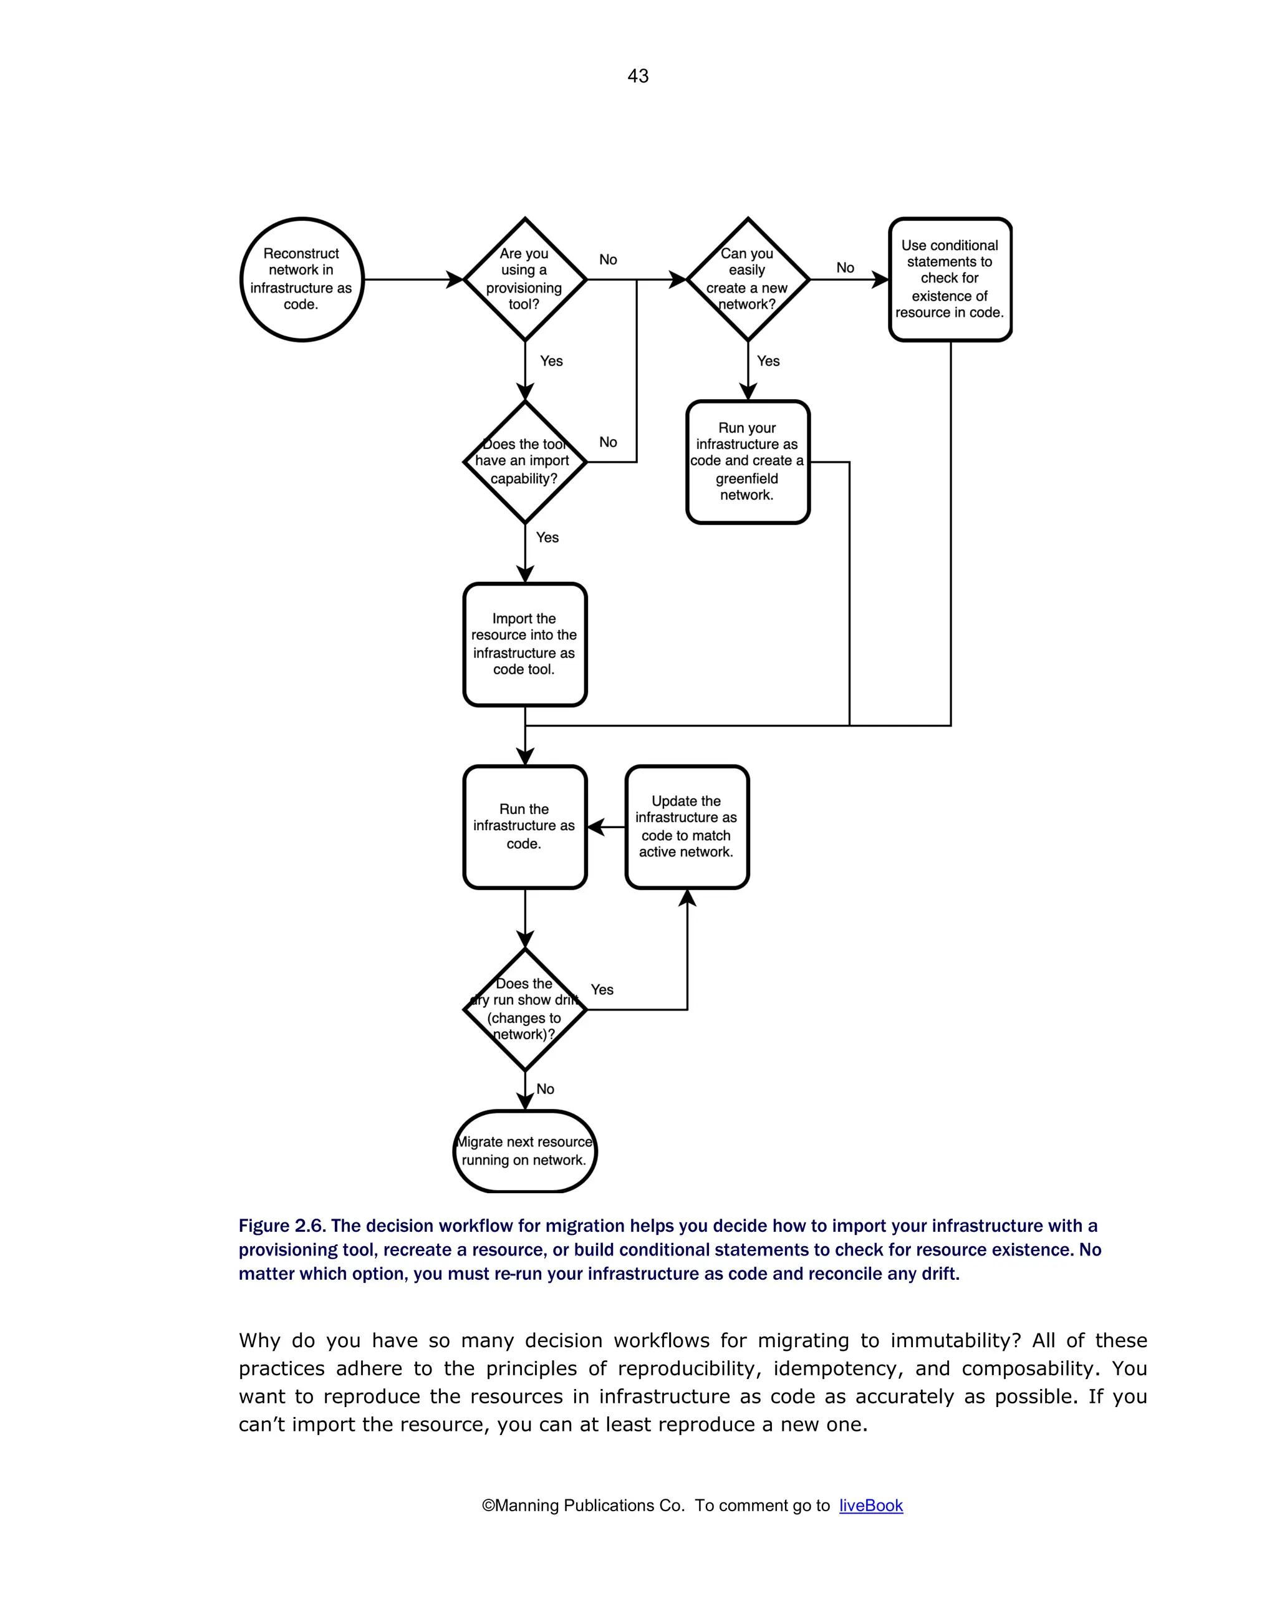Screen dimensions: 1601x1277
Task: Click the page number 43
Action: (x=638, y=75)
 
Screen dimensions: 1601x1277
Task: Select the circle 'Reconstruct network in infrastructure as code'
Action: (x=301, y=279)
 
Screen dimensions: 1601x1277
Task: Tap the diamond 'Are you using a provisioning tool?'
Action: (x=525, y=279)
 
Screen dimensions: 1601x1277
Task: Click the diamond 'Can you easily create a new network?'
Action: (x=748, y=279)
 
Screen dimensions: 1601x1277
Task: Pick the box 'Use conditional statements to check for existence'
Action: (x=950, y=279)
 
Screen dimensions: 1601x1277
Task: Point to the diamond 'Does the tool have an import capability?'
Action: (x=525, y=462)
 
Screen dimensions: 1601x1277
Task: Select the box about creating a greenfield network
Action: (x=748, y=462)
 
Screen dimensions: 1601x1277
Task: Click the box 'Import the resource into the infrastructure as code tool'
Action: (x=525, y=644)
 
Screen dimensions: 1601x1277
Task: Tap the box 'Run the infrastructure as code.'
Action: (x=525, y=826)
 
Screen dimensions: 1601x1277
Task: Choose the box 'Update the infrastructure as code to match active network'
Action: (x=687, y=826)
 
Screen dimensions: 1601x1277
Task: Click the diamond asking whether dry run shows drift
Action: (x=525, y=1009)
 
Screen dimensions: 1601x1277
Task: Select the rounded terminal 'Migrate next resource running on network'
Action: (x=525, y=1151)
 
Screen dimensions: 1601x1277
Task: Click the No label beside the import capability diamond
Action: (x=608, y=443)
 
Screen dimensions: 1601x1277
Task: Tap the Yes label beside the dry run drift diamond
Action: (x=602, y=990)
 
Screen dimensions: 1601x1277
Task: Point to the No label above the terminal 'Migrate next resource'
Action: (x=546, y=1090)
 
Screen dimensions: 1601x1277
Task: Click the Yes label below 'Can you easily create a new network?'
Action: (x=768, y=362)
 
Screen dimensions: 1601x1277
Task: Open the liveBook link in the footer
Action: (x=871, y=1505)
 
